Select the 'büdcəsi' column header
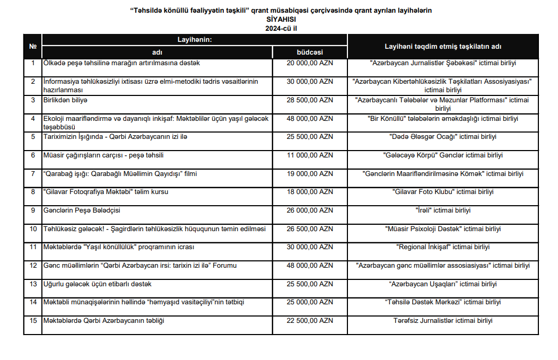pos(310,52)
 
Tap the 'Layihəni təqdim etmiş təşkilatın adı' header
pos(443,47)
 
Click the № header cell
pos(32,47)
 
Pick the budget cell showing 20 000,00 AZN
pos(310,63)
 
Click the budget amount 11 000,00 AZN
pos(310,155)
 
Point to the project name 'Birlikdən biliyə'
pos(65,100)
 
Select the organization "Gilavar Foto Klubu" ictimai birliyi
pos(443,192)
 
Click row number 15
pos(33,321)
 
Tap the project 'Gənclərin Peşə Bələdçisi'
pos(82,210)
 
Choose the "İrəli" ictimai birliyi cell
pos(443,210)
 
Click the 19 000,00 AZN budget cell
pos(310,174)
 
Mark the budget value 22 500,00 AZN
pos(310,321)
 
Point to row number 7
pos(33,174)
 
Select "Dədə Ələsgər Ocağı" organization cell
pos(443,137)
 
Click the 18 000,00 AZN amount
pos(310,192)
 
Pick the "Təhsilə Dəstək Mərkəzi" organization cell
pos(443,302)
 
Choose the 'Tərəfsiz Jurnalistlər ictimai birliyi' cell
pos(443,321)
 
